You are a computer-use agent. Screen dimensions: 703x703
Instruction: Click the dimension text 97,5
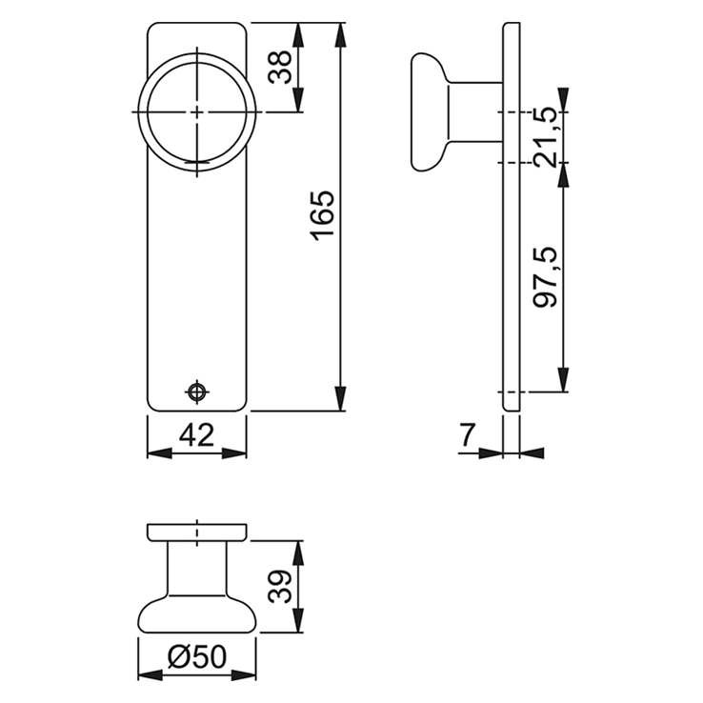(546, 277)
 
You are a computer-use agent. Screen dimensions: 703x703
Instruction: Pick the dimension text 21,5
(546, 137)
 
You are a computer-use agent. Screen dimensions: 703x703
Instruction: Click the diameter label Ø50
(196, 657)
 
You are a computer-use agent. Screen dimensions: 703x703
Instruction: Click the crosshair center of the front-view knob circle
(196, 112)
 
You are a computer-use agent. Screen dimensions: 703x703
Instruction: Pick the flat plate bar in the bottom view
(196, 531)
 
